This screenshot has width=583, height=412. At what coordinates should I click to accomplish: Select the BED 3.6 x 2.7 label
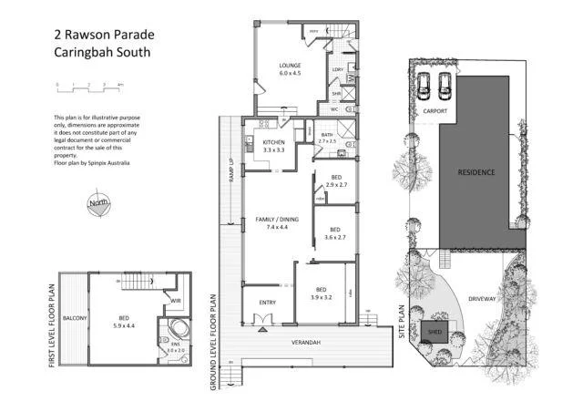tap(334, 233)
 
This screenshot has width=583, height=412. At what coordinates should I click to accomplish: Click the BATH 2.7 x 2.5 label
tap(327, 138)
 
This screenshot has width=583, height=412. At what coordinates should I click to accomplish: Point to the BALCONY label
tap(74, 317)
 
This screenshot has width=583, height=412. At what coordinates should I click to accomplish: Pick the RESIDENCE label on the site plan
tap(476, 172)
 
